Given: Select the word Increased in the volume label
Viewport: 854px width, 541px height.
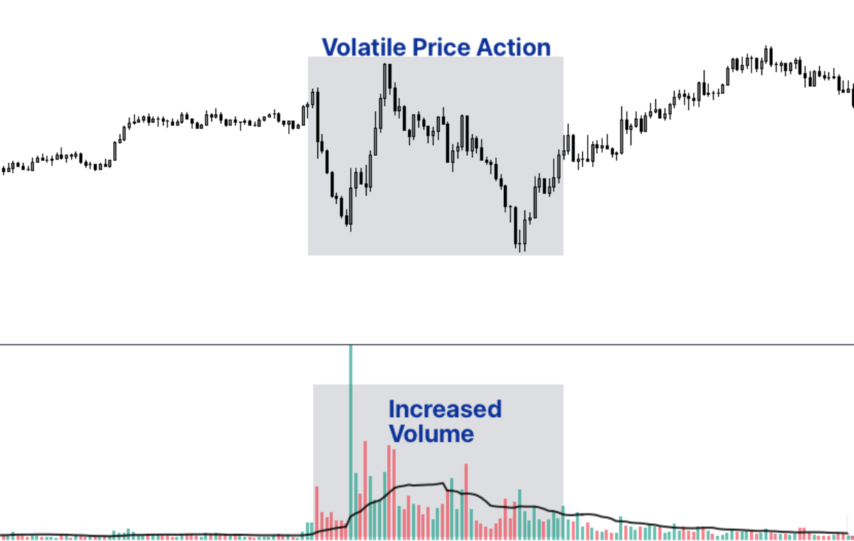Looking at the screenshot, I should pyautogui.click(x=445, y=409).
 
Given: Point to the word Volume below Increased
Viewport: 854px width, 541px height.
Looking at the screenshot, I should pyautogui.click(x=431, y=434).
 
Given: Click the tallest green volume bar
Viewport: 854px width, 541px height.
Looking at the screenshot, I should pyautogui.click(x=350, y=441).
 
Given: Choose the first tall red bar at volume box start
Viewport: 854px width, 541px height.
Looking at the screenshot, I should pyautogui.click(x=317, y=511).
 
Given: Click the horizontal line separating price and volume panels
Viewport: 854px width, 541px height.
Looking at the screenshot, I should pyautogui.click(x=427, y=345).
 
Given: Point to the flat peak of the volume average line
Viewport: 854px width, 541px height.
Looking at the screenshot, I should pyautogui.click(x=423, y=485).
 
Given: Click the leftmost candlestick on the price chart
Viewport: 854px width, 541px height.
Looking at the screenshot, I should pyautogui.click(x=4, y=169).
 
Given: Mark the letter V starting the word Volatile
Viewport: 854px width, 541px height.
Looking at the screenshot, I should pyautogui.click(x=331, y=48).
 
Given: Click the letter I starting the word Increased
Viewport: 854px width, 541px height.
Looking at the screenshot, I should pyautogui.click(x=392, y=409).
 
